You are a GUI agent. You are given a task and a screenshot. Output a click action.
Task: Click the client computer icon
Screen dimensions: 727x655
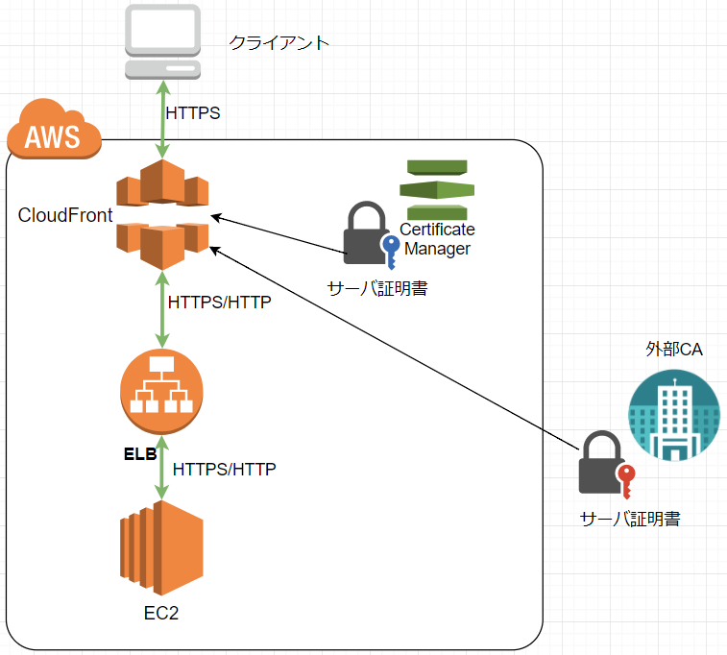coord(162,41)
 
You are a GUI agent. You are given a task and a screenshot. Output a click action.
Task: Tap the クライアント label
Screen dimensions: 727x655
coord(279,43)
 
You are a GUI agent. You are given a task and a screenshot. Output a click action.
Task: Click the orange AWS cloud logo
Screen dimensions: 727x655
coord(54,129)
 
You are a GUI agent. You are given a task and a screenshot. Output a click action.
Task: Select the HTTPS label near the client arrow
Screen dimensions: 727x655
coord(193,113)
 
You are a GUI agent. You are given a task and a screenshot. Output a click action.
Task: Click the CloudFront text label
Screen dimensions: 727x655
coord(65,215)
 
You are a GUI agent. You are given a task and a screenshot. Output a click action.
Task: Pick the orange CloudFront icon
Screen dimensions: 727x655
coord(162,214)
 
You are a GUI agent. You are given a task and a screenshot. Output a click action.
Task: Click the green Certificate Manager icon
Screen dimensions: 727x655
coord(437,189)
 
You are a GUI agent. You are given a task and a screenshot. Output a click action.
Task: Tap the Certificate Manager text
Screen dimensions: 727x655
coord(437,239)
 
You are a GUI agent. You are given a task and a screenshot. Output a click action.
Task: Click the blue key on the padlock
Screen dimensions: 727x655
coord(391,252)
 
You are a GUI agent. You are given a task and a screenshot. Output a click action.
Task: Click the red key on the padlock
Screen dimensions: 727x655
coord(626,481)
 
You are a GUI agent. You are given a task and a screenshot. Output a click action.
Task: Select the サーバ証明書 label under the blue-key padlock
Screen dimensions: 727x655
coord(377,288)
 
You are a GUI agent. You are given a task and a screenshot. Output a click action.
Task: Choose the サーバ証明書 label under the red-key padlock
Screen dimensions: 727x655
coord(630,519)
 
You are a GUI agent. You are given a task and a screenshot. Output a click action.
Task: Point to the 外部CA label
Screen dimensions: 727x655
coord(673,349)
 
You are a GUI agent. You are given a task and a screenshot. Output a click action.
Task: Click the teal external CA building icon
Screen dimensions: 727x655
coord(674,415)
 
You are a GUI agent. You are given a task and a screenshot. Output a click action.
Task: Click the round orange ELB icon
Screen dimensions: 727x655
coord(161,391)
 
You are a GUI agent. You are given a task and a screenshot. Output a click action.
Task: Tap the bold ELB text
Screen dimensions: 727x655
coord(140,454)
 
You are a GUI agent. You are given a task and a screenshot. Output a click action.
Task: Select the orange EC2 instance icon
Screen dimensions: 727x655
coord(161,548)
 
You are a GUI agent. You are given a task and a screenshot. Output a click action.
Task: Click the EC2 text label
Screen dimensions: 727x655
coord(161,614)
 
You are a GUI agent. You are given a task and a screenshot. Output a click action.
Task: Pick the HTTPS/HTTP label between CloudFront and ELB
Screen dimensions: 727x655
coord(219,303)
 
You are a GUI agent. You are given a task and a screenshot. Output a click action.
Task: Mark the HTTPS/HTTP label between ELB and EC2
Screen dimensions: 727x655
coord(224,470)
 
